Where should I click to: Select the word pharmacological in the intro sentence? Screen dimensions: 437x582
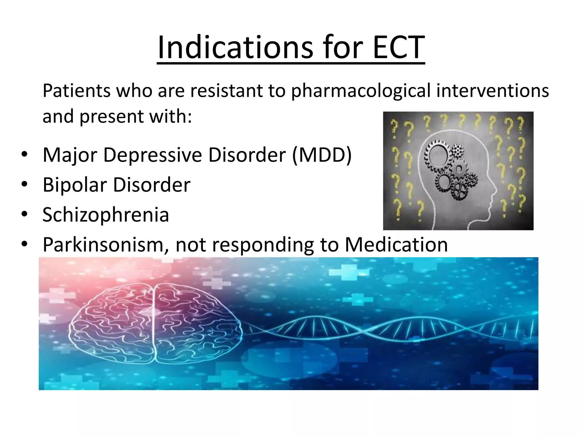pos(361,91)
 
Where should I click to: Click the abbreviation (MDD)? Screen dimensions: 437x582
pos(322,155)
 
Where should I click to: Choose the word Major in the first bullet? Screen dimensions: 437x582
pos(70,155)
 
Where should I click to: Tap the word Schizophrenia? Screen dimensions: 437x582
pos(106,215)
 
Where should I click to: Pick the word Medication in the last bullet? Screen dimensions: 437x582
pos(396,245)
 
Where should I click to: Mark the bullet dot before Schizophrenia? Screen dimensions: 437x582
pos(24,214)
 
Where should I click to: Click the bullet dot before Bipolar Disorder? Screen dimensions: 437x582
pos(24,184)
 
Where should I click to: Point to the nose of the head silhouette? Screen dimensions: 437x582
pos(494,189)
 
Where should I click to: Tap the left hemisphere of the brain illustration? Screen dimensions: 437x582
pos(114,324)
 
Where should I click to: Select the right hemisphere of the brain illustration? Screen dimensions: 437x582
pos(196,324)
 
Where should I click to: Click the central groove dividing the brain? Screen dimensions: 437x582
pos(154,324)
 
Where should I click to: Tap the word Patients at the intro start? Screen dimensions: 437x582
pos(76,91)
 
